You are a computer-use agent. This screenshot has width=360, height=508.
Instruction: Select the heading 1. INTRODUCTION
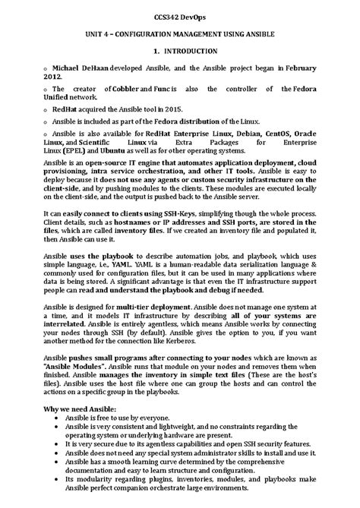tap(180, 50)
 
